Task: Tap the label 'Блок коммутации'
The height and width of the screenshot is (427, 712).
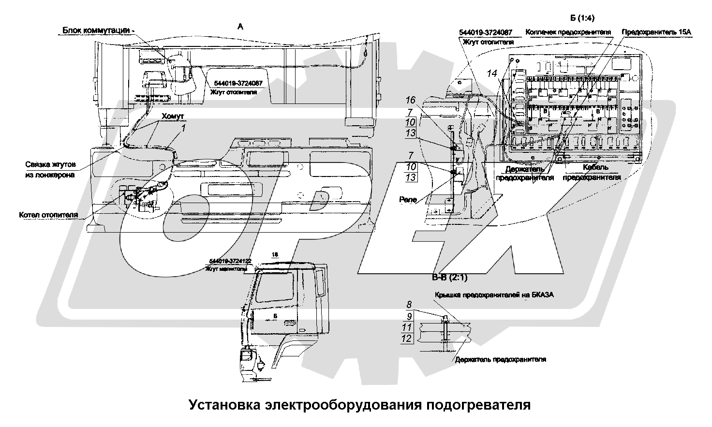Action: [x=97, y=30]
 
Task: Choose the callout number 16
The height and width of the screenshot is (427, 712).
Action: [x=411, y=100]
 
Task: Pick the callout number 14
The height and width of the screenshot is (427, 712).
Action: [x=492, y=74]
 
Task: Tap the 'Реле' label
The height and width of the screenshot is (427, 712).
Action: [x=408, y=199]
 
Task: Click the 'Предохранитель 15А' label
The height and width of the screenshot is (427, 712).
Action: [x=657, y=32]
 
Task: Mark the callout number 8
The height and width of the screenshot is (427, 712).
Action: [x=409, y=305]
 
